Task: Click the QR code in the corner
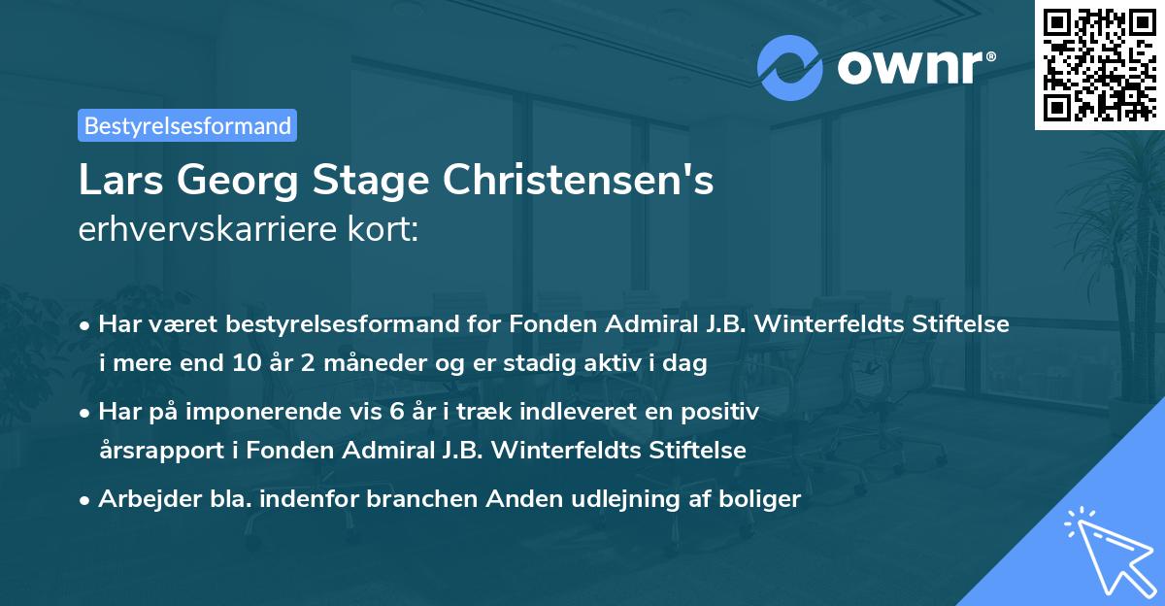tap(1100, 64)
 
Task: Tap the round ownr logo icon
tap(790, 68)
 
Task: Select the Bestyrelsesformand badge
tap(187, 125)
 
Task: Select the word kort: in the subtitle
tap(385, 230)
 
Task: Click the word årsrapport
tap(156, 452)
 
